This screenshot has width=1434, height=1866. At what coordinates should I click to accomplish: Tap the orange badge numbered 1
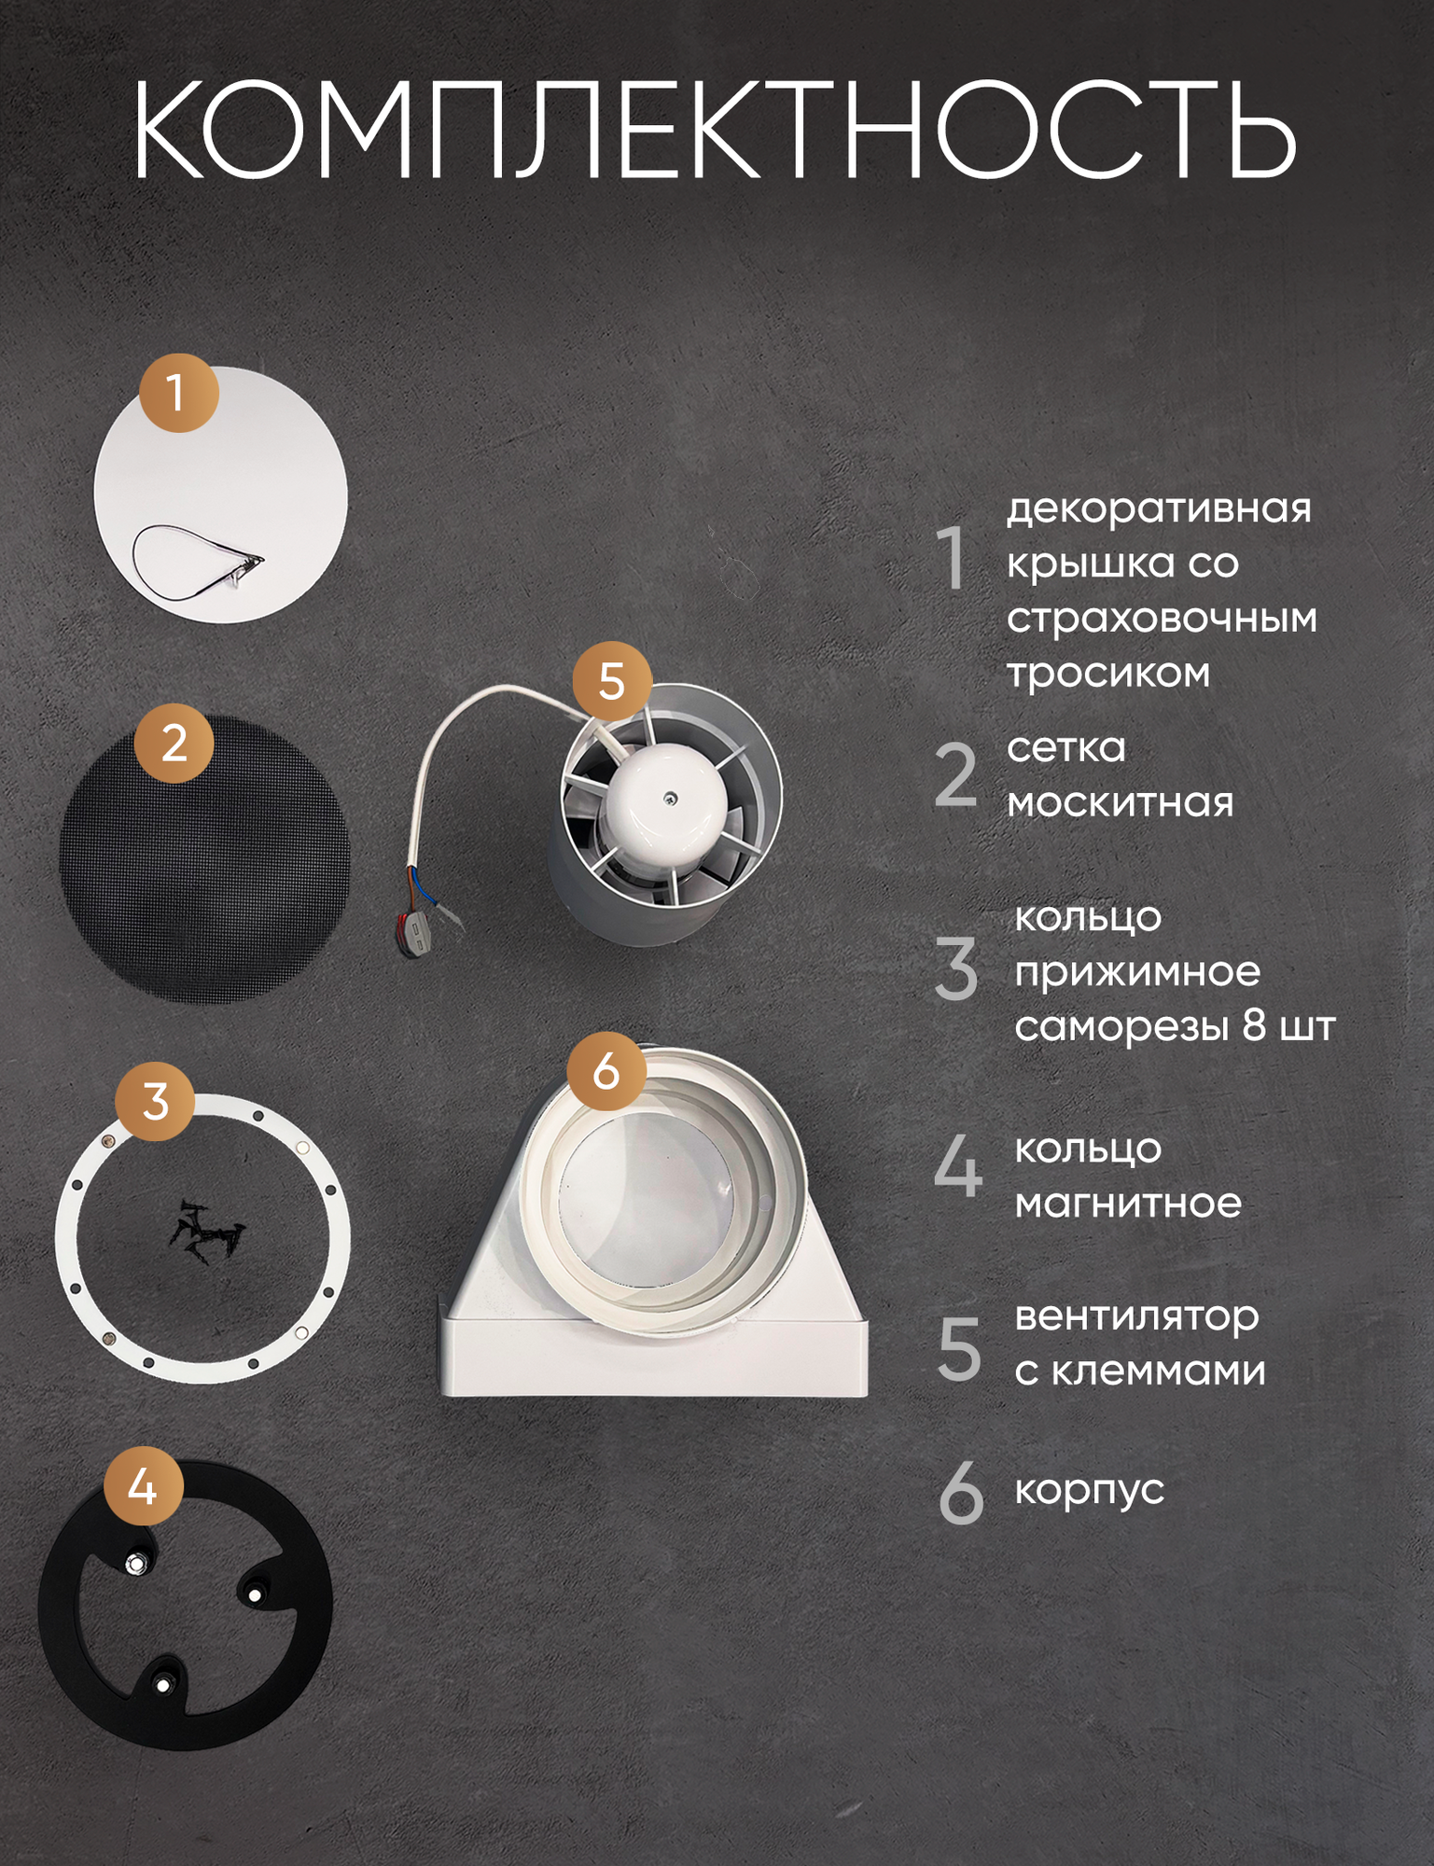point(178,392)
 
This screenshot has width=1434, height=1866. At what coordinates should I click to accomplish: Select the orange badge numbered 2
point(174,744)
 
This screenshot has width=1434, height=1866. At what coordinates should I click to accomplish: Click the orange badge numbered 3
point(156,1101)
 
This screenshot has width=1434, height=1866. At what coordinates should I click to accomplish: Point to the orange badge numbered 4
point(142,1485)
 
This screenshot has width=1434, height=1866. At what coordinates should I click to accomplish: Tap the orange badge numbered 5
point(611,681)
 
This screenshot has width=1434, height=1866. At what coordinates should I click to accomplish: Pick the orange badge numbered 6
point(606,1070)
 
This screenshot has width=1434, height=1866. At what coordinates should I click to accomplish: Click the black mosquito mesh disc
point(205,858)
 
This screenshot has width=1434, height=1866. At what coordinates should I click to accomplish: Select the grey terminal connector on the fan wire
point(415,935)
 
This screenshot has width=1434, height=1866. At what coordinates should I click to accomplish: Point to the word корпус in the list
point(1090,1490)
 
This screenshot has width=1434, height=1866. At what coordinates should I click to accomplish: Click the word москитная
point(1121,801)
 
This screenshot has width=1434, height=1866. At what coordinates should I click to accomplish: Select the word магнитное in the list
point(1128,1203)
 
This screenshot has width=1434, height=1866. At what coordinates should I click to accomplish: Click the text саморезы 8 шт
point(1176,1025)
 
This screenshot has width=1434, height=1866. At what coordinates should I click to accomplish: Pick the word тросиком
point(1108,673)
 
